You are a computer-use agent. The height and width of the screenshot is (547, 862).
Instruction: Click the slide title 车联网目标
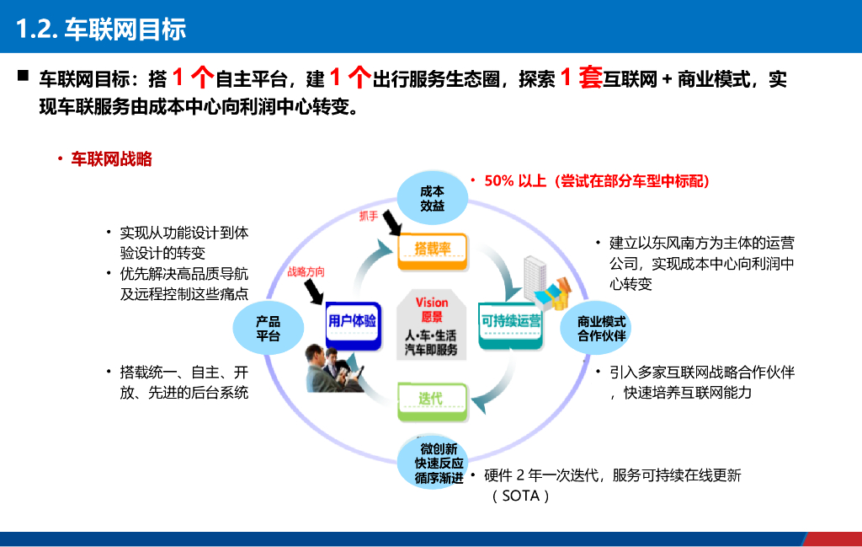(x=101, y=29)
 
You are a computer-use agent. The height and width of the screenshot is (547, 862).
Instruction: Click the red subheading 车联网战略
(x=111, y=159)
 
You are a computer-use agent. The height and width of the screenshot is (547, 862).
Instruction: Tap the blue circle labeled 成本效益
(x=432, y=199)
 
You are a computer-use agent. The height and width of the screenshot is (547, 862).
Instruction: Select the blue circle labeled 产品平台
(x=268, y=329)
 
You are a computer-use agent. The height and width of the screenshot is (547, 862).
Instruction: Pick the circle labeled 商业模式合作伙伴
(x=601, y=329)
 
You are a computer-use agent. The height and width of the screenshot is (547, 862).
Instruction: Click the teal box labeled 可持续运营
(x=511, y=321)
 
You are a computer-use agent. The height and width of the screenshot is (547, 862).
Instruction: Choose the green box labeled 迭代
(x=430, y=398)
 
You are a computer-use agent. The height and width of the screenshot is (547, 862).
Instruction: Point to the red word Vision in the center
(x=432, y=303)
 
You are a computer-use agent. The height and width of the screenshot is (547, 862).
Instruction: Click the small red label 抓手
(x=369, y=216)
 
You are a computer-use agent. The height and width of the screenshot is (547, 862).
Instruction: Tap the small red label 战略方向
(x=305, y=272)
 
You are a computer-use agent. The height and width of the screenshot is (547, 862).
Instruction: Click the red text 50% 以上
(x=515, y=181)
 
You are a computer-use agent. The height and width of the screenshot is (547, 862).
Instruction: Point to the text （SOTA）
(x=521, y=496)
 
